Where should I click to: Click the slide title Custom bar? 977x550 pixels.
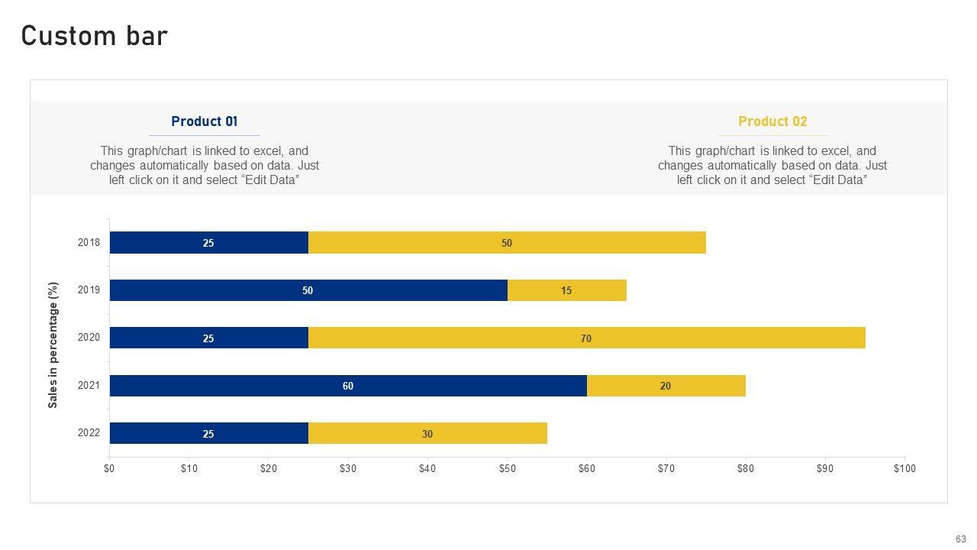tap(95, 36)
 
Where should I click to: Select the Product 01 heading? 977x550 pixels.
tap(204, 121)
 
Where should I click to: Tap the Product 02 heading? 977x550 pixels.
tap(772, 121)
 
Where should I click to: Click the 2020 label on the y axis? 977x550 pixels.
tap(89, 338)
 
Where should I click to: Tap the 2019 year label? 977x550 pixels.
tap(89, 290)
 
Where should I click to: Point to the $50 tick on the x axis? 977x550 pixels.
tap(507, 468)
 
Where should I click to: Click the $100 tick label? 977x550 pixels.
tap(904, 468)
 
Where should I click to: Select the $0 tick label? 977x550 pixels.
tap(109, 468)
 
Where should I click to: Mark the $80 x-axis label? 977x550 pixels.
tap(746, 468)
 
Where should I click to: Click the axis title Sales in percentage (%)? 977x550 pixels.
tap(53, 345)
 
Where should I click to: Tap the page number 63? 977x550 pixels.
tap(961, 539)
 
